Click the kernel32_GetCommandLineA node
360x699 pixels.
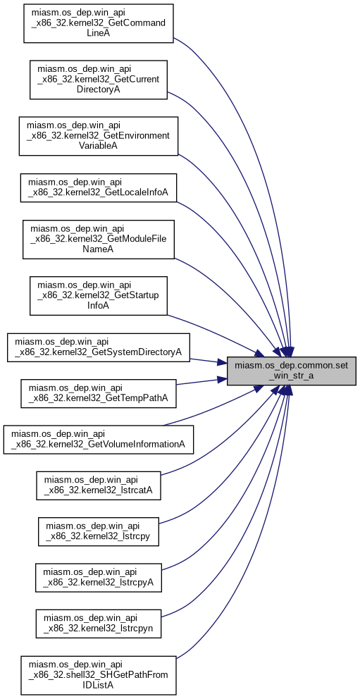tap(98, 24)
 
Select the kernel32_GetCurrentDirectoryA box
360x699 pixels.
tap(98, 80)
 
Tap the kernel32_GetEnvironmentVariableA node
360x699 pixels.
tap(98, 136)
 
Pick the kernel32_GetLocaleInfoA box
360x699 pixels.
tap(98, 187)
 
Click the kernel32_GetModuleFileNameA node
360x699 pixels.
tap(98, 239)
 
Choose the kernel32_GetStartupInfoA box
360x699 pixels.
tap(98, 295)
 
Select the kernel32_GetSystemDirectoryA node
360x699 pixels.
tap(98, 347)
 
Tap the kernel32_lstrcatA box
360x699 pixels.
tap(98, 485)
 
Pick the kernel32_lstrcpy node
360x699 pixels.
tap(98, 532)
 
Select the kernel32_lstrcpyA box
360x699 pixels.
tap(98, 578)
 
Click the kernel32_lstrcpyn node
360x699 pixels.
tap(98, 624)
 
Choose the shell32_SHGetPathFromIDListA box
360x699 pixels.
tap(98, 675)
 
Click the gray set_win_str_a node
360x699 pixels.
tap(292, 371)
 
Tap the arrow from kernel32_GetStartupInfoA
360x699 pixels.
tap(216, 333)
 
